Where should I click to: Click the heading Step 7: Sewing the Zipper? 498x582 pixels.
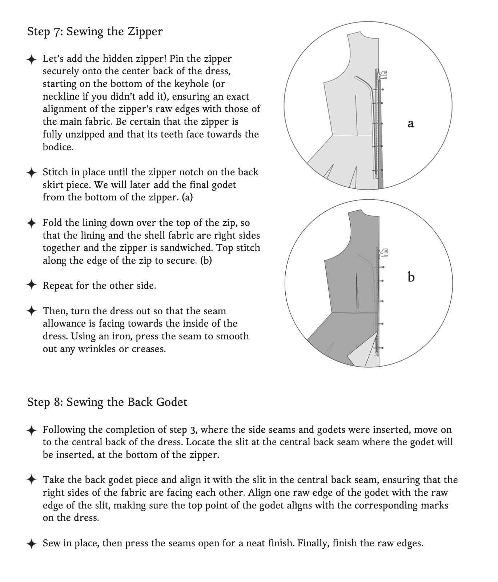pos(95,32)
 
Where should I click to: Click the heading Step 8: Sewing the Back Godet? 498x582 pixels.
pos(107,402)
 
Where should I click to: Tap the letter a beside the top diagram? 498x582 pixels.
pos(411,124)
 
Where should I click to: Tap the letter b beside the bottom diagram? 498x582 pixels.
pos(411,277)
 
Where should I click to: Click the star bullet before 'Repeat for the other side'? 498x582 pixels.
pos(32,286)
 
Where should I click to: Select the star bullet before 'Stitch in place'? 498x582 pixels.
pos(32,172)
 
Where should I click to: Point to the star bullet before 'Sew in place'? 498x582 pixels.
pos(32,544)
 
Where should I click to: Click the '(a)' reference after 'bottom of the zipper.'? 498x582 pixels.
pos(187,198)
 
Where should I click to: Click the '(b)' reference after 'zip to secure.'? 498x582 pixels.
pos(206,261)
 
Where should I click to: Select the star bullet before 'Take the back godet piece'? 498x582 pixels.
pos(32,481)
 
